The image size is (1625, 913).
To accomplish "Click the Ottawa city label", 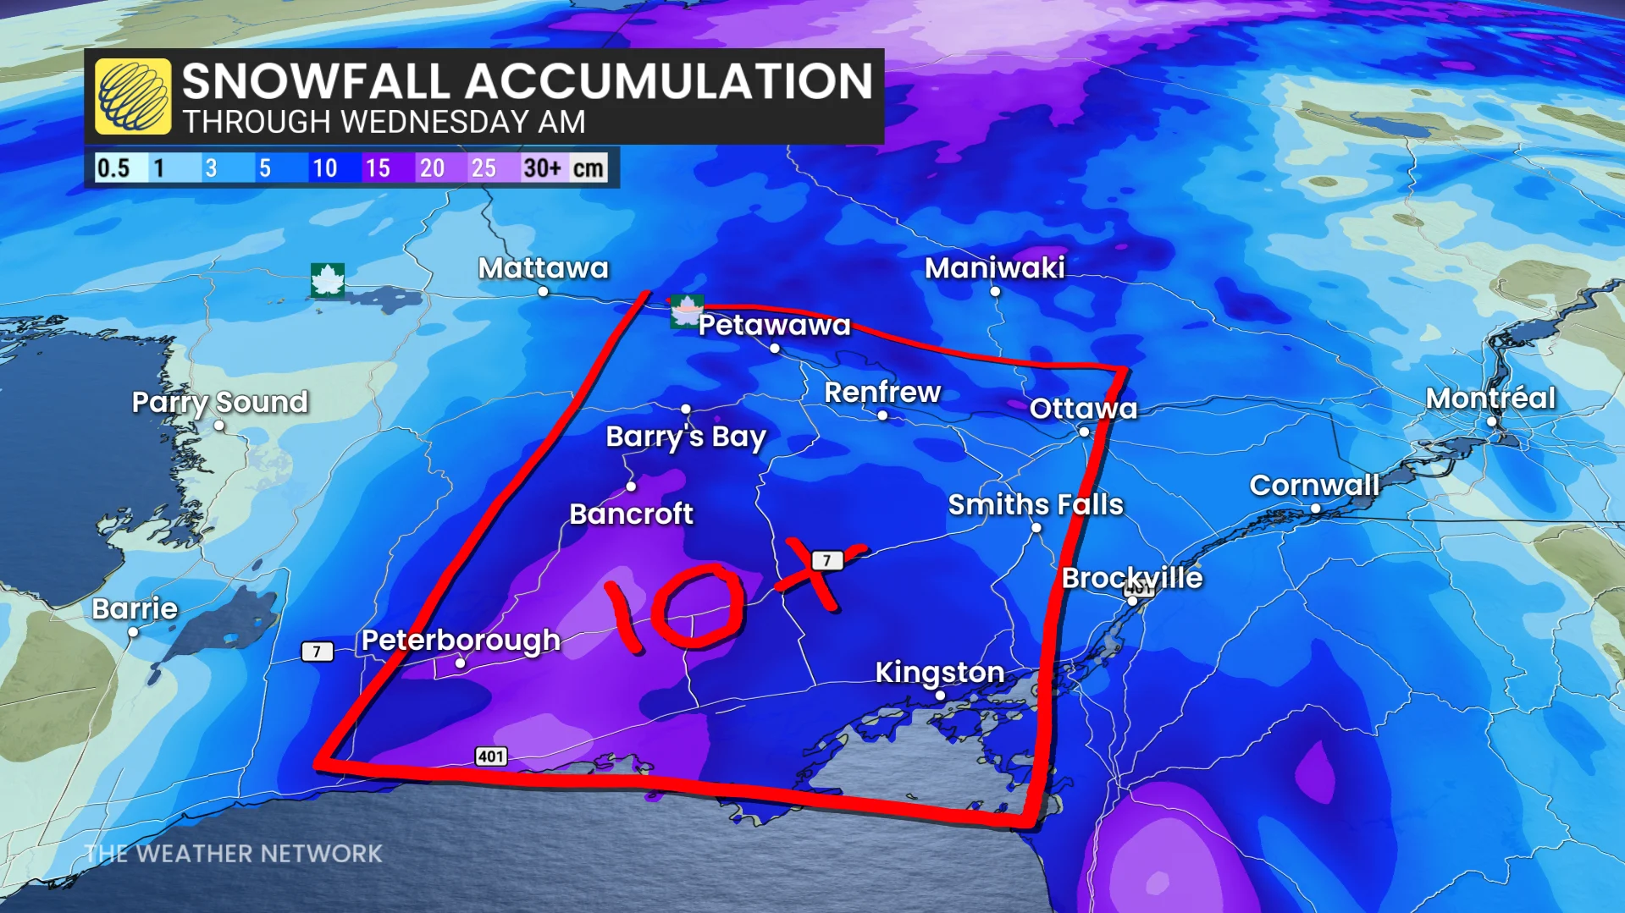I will pos(1083,409).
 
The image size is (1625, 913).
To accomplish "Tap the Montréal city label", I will pos(1490,399).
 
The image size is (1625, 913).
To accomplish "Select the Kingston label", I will pos(939,672).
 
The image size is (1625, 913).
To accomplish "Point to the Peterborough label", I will pos(461,641).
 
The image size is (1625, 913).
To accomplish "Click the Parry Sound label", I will pos(219,402).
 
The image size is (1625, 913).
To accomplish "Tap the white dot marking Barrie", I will pos(133,632).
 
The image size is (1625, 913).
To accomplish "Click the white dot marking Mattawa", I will pos(543,291).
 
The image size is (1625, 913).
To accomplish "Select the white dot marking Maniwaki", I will pos(995,291).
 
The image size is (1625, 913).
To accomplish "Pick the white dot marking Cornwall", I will pos(1315,509).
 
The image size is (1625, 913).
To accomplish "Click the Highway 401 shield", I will pos(490,756).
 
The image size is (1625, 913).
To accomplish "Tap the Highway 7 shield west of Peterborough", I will pos(317,652).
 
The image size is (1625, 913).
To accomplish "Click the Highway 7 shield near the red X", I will pos(826,560).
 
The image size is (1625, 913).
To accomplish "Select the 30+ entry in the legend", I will pos(542,168).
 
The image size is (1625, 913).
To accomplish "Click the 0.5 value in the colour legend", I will pos(113,168).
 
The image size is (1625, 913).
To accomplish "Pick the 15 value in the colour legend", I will pos(378,168).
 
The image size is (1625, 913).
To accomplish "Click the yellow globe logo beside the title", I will pos(133,96).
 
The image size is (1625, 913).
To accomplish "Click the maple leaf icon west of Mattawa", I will pos(327,280).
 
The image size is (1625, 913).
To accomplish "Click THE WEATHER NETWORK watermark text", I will pos(234,854).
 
